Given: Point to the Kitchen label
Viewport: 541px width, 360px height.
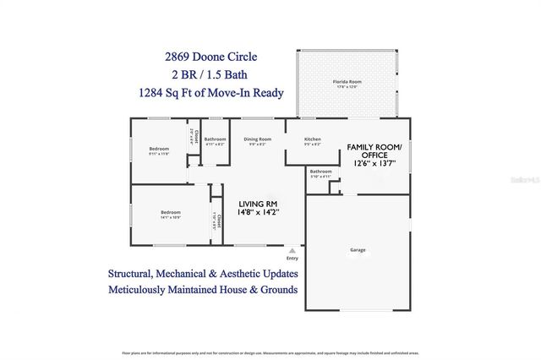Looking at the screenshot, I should point(312,139).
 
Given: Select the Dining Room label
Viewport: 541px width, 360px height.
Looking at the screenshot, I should point(257,139).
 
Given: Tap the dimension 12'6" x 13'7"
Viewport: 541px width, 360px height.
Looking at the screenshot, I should point(374,164).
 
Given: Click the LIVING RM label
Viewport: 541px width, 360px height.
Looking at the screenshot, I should point(258,205).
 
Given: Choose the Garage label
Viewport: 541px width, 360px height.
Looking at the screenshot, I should point(358,250).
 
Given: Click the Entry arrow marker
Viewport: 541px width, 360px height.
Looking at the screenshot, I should point(292,250).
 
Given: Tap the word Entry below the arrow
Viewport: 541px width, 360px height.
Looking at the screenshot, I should point(292,259).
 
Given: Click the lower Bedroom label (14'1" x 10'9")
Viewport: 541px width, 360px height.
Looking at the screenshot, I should point(170,213).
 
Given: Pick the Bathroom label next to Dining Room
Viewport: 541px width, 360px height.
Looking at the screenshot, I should point(215,139).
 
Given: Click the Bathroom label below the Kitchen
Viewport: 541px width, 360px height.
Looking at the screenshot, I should point(320,172).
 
